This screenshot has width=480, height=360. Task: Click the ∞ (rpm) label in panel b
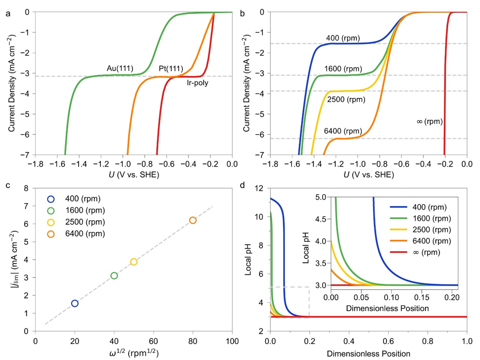point(429,121)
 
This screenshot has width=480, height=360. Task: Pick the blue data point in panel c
point(74,304)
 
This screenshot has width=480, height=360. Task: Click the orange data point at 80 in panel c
point(193,220)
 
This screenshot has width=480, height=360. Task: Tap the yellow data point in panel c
point(134,262)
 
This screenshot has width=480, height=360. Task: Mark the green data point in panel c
point(114,276)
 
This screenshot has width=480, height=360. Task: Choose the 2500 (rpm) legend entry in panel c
point(83,222)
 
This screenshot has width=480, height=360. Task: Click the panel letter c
point(8,184)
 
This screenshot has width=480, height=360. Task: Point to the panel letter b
point(242,14)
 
